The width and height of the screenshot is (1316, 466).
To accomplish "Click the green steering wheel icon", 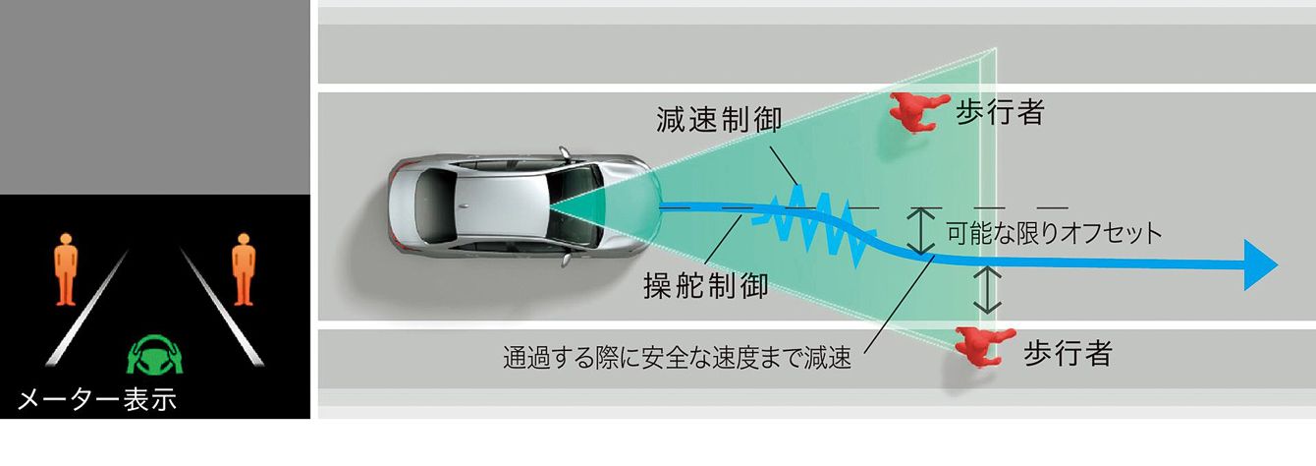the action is click(155, 355).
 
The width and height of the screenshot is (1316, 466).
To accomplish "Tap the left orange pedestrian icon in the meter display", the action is click(66, 269).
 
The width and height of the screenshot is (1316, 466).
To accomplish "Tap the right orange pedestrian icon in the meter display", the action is click(244, 269).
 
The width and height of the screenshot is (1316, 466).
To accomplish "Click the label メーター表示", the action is click(97, 399).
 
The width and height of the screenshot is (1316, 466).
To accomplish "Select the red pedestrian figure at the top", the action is click(917, 112).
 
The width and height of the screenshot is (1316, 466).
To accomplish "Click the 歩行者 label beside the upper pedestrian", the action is click(1000, 111).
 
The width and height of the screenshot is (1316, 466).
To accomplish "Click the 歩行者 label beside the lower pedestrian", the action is click(1068, 352).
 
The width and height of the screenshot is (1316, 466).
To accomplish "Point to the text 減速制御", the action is click(719, 119).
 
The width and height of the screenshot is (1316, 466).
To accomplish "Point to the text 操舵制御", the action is click(706, 286).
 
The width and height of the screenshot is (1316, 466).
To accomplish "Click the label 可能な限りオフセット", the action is click(1055, 234).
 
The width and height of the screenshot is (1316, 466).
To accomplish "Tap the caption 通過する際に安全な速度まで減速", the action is click(677, 357).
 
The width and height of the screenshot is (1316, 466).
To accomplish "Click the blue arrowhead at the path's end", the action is click(1259, 264).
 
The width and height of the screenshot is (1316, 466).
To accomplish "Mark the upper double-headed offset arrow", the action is click(921, 231).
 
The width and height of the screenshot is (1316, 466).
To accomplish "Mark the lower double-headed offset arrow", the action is click(987, 290).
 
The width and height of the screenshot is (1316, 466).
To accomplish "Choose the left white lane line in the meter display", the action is click(87, 307).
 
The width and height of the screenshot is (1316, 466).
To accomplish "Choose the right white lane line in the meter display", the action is click(222, 307).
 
